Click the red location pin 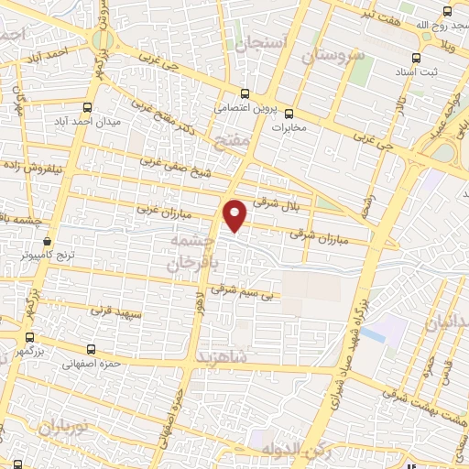(235, 214)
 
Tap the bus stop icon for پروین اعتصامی (245, 93)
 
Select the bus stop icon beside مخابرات (289, 115)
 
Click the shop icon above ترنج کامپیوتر (47, 241)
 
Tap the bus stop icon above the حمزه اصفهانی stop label (91, 349)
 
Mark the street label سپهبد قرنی (116, 311)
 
